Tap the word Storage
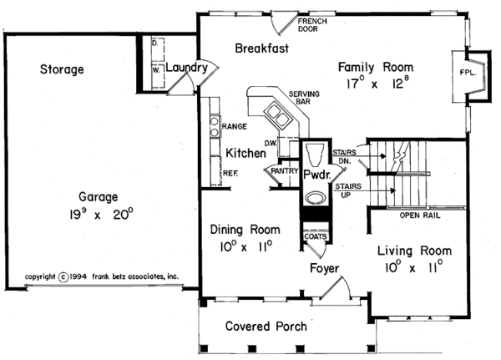(62, 70)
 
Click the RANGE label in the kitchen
(233, 128)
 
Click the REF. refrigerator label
(230, 173)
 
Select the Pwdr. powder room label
(317, 176)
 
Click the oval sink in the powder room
(316, 199)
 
